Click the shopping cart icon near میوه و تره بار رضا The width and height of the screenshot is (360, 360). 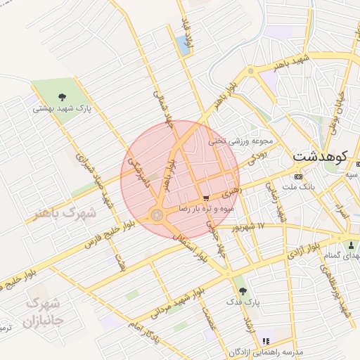pyautogui.click(x=205, y=198)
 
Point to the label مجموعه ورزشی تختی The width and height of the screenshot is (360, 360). pyautogui.click(x=239, y=141)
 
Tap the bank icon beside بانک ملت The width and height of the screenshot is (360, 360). pyautogui.click(x=299, y=176)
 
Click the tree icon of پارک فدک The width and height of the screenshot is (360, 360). pyautogui.click(x=243, y=290)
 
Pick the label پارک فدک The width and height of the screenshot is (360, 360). pyautogui.click(x=247, y=302)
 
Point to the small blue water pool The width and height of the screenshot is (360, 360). pyautogui.click(x=184, y=46)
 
